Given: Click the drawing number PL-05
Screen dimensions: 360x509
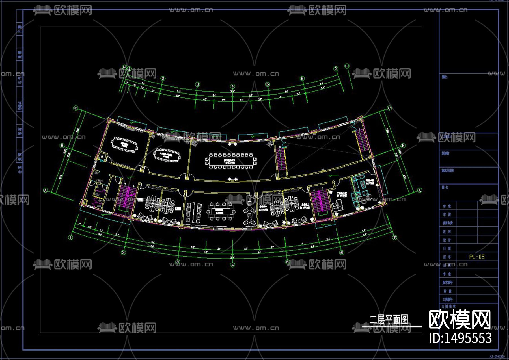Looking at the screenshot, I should [x=477, y=257].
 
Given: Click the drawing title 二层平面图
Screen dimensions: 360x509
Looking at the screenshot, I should [x=389, y=320].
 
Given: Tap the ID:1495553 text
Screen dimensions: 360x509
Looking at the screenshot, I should [x=460, y=338].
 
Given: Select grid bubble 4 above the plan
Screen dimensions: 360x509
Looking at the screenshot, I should [x=232, y=86].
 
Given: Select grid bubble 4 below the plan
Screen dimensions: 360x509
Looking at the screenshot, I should [x=232, y=265].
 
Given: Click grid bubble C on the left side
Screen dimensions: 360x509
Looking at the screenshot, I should [x=76, y=108].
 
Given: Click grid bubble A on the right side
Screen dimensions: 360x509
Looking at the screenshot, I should [x=420, y=190].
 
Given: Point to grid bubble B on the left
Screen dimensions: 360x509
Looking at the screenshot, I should [x=62, y=146].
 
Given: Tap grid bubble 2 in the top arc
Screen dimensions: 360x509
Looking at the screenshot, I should [x=163, y=79].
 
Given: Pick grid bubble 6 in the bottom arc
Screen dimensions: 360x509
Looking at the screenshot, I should [x=342, y=253].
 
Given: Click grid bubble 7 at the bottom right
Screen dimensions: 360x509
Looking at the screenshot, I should [x=395, y=238].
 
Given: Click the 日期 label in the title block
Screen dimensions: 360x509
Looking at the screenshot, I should [x=447, y=249].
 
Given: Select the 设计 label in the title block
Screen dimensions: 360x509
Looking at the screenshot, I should [x=447, y=240].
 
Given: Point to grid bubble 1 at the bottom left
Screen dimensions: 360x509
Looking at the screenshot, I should [x=71, y=237].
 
